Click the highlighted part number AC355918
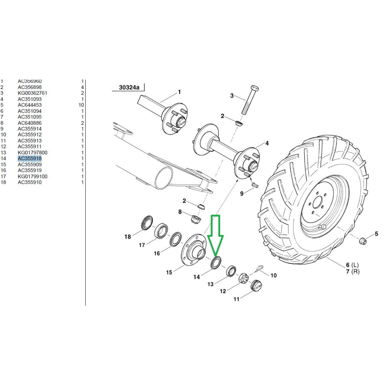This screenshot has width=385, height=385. (x=30, y=158)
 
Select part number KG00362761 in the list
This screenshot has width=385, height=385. (x=32, y=93)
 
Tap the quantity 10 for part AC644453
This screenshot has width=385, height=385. (x=81, y=105)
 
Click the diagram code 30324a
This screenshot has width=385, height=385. (x=129, y=87)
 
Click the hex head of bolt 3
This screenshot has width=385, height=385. (x=254, y=88)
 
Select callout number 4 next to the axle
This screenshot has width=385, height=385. (x=267, y=143)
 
